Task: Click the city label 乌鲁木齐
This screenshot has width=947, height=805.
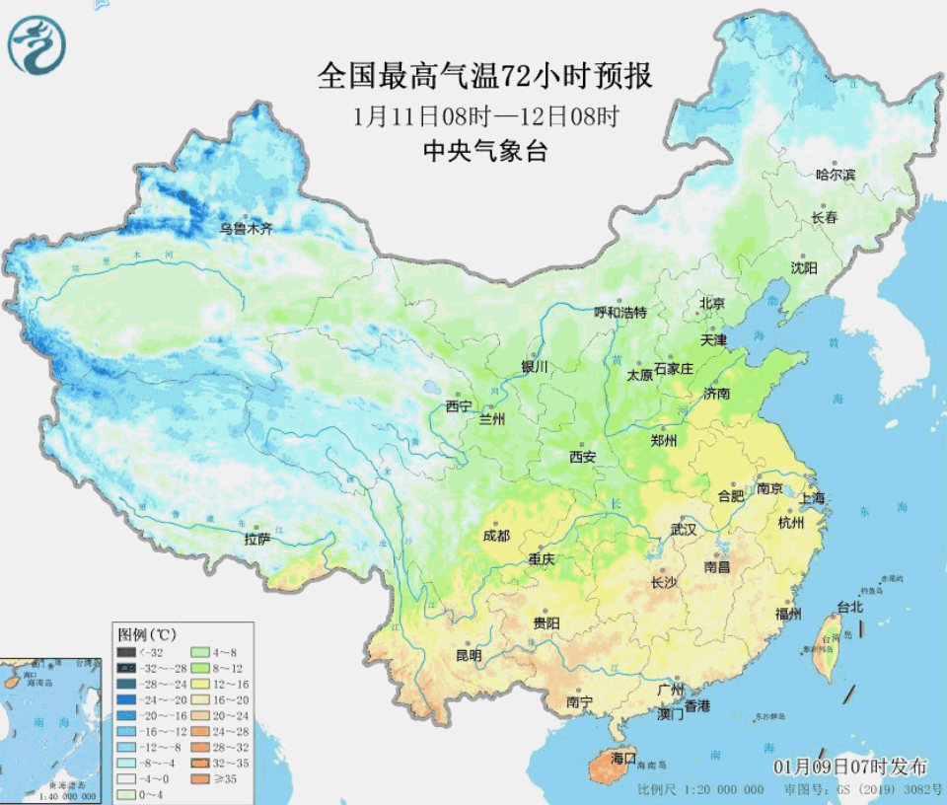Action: (246, 228)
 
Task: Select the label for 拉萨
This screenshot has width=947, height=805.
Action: (257, 540)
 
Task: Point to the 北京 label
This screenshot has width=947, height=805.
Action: (711, 303)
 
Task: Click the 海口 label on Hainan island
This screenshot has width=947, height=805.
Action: (622, 758)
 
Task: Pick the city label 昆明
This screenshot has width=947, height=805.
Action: (469, 655)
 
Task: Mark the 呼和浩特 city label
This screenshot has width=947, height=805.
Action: (619, 313)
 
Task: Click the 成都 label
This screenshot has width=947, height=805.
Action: (496, 536)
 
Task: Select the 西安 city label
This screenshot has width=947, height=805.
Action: (582, 457)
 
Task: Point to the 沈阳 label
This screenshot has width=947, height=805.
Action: (804, 267)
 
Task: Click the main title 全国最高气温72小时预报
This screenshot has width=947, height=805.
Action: (484, 75)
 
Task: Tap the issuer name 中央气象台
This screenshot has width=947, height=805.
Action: (484, 151)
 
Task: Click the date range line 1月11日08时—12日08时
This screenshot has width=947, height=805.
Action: (484, 115)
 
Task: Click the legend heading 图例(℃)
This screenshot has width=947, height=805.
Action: (147, 633)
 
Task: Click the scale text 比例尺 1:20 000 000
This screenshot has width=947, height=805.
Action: (700, 790)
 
